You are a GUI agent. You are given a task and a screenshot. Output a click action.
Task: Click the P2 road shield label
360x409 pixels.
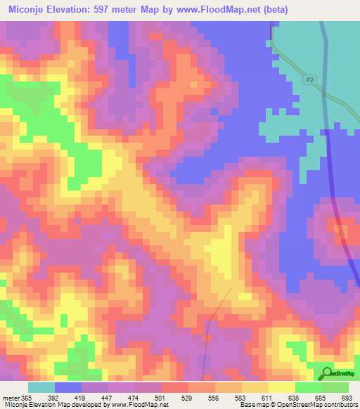(309, 81)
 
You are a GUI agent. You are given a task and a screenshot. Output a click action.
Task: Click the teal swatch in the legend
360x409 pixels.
(41, 387)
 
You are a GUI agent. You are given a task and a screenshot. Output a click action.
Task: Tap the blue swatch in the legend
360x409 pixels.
(68, 387)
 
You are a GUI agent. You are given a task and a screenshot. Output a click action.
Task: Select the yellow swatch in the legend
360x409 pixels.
(282, 387)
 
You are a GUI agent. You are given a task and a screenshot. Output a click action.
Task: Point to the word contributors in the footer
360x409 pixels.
(339, 404)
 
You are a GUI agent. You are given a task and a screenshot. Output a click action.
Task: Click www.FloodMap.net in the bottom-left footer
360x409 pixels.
(134, 404)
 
